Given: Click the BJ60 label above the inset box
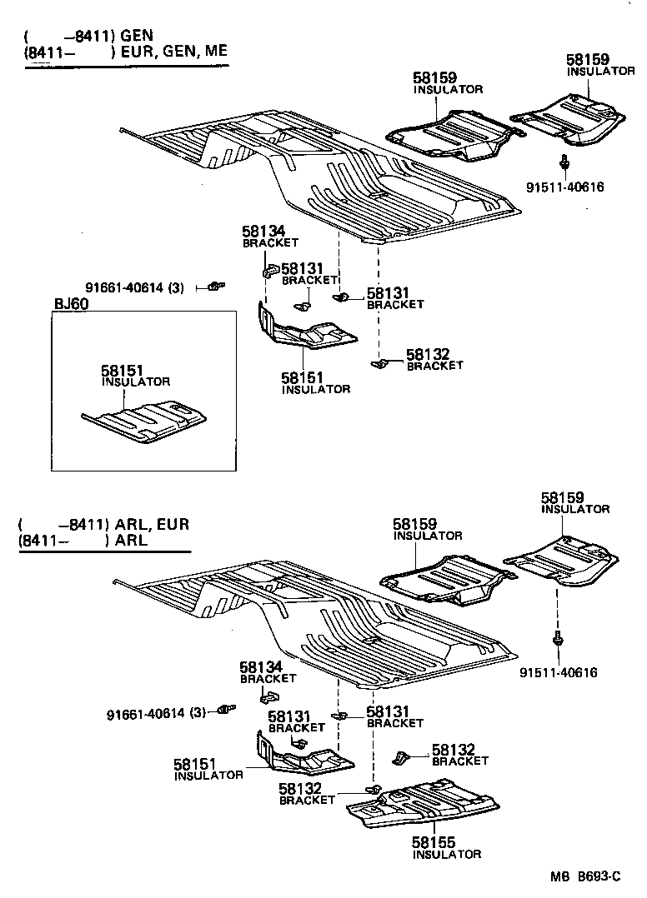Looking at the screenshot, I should tap(71, 304).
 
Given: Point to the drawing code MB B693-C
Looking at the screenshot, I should tap(585, 876).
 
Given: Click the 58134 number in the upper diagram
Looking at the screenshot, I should tap(263, 232).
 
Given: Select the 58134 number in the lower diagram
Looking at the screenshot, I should tap(261, 667).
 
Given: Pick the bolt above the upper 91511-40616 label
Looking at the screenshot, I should tap(564, 163).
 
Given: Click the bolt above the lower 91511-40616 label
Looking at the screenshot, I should tap(557, 641).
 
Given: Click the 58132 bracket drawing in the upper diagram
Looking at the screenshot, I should tap(379, 363).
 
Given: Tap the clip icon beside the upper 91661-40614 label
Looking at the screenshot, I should tap(215, 286).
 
